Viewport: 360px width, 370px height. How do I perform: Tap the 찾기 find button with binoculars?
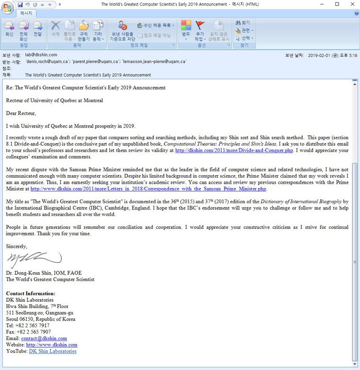click(243, 23)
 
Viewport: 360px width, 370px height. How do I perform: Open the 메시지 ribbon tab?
click(26, 13)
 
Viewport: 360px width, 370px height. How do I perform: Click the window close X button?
click(351, 4)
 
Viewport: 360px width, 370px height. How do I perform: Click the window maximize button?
click(337, 4)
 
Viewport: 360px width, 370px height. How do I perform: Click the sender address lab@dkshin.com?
click(41, 55)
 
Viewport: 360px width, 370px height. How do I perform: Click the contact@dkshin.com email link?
click(44, 339)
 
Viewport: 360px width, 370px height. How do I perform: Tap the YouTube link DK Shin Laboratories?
click(53, 352)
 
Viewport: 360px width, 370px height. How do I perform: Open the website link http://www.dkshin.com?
click(52, 345)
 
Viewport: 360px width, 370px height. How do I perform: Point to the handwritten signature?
click(33, 260)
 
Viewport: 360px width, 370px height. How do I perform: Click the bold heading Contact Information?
click(31, 294)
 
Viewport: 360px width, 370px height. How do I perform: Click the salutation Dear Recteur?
click(21, 113)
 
